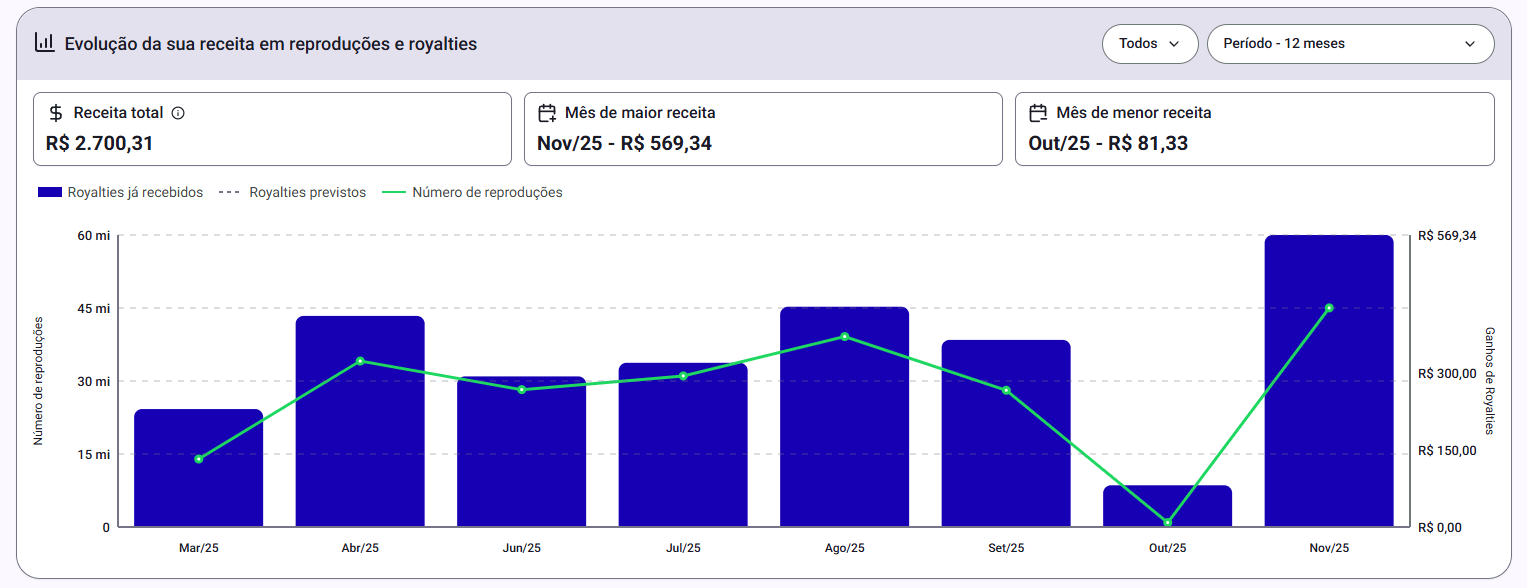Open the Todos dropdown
point(1149,44)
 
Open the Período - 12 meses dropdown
point(1350,44)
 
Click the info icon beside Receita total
point(178,113)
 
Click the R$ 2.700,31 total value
point(100,143)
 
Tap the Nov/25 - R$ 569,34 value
point(624,143)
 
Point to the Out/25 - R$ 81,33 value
point(1108,143)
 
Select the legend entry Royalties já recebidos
point(134,192)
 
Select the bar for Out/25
point(1167,506)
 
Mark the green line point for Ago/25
point(844,336)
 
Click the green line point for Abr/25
point(360,361)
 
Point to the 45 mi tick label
point(95,308)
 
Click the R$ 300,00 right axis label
point(1446,374)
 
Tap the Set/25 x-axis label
point(1005,548)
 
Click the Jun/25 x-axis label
point(521,548)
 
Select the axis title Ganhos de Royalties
point(1489,380)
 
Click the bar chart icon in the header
point(44,42)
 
